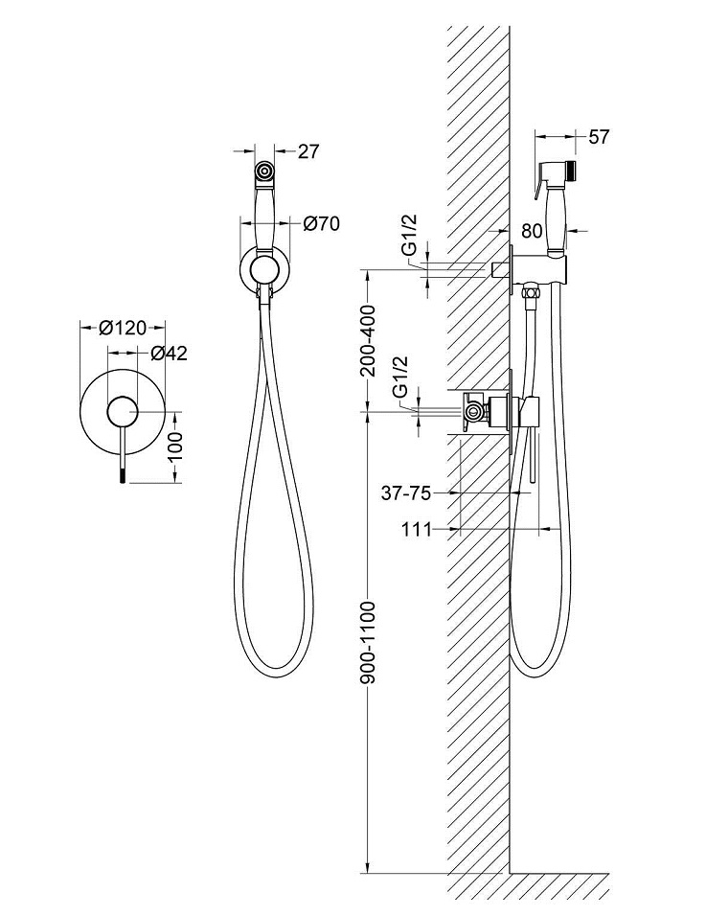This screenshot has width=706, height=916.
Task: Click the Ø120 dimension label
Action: point(123,328)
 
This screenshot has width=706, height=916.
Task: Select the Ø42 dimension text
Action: point(169,353)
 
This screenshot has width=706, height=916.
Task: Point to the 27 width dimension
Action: point(308,150)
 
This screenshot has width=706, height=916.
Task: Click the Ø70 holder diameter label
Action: point(322,224)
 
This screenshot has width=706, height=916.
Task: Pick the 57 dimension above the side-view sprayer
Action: point(599,136)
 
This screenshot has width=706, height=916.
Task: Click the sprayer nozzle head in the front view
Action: point(264,172)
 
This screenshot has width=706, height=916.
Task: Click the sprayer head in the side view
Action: point(559,176)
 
